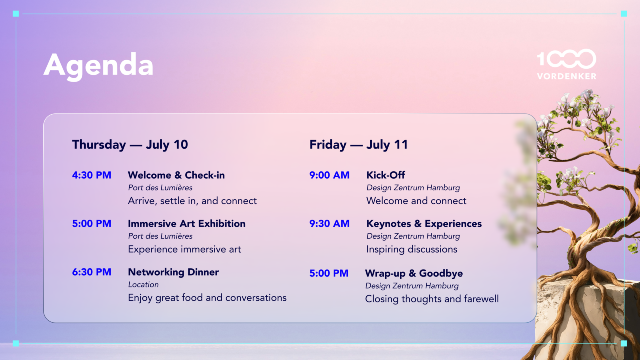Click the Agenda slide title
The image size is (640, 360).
click(x=98, y=66)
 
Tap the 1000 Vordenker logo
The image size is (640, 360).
click(x=567, y=64)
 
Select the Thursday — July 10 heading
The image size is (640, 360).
click(x=130, y=145)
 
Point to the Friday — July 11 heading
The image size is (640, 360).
click(x=359, y=145)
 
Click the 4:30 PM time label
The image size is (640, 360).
click(x=91, y=175)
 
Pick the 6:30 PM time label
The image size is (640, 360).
click(x=91, y=272)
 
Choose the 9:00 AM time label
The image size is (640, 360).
click(x=329, y=175)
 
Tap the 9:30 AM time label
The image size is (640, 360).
click(x=329, y=224)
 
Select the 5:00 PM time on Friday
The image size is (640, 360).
click(x=329, y=273)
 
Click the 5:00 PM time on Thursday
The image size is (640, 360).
click(x=91, y=224)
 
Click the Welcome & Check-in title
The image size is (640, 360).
click(x=176, y=175)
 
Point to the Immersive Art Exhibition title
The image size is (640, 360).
click(x=187, y=224)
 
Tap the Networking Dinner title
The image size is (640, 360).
click(x=173, y=272)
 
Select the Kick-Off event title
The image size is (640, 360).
click(x=386, y=175)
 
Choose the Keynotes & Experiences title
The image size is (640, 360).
click(x=424, y=224)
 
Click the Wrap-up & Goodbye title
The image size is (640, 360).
click(x=414, y=273)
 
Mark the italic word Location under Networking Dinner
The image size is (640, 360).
click(x=143, y=285)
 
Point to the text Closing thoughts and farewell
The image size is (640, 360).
click(x=432, y=299)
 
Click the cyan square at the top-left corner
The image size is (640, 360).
click(x=16, y=13)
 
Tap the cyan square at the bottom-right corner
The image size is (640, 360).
click(x=624, y=343)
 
